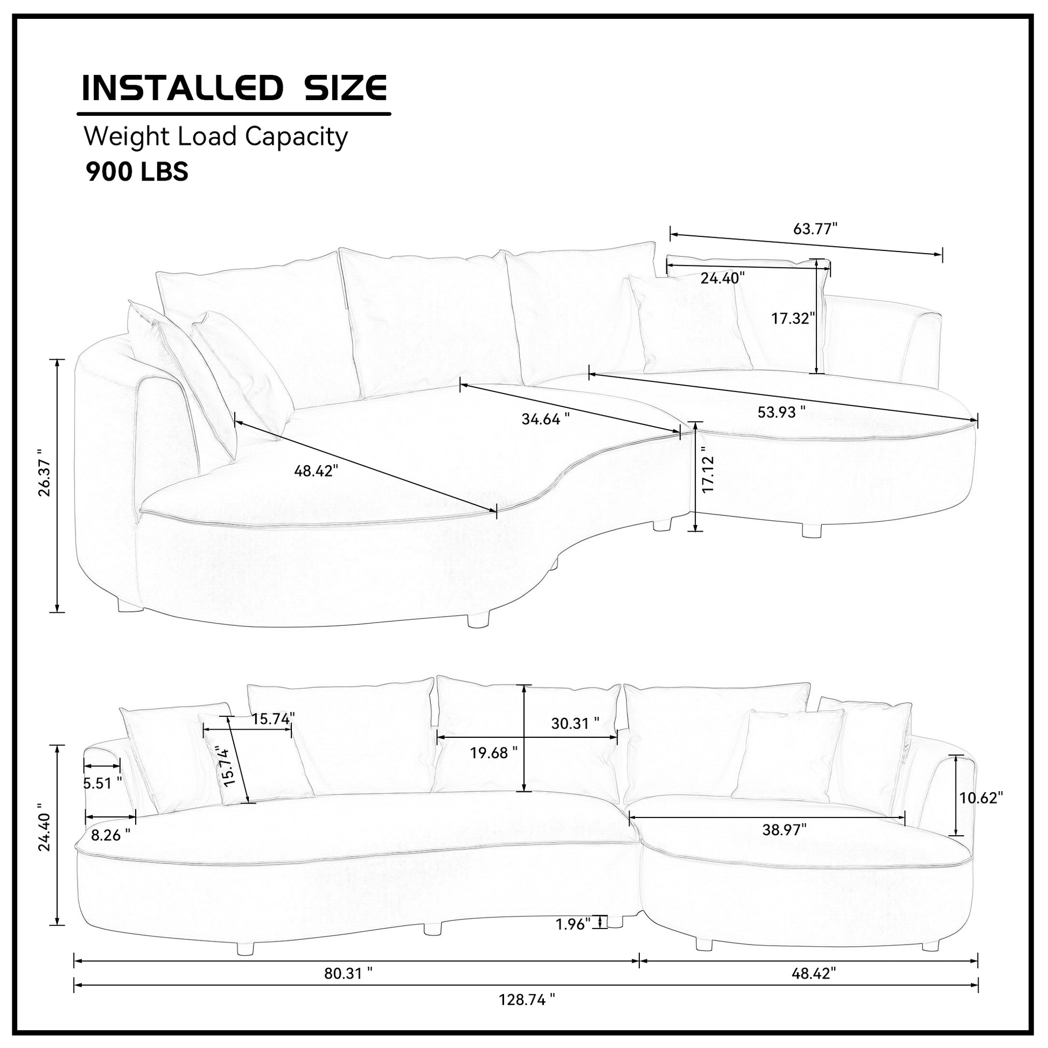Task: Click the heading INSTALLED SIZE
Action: (234, 88)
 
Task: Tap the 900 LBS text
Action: (137, 172)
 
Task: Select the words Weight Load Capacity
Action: (215, 137)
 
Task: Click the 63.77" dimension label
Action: (815, 229)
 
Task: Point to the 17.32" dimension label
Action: (794, 318)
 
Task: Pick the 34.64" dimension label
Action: (546, 419)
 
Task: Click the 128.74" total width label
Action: (527, 1000)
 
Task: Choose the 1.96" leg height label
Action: (573, 924)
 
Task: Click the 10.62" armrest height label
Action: (981, 798)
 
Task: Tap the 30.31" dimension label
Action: (575, 724)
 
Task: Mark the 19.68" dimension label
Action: (494, 753)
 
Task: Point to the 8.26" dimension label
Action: (110, 835)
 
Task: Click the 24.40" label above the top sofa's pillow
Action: (723, 278)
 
